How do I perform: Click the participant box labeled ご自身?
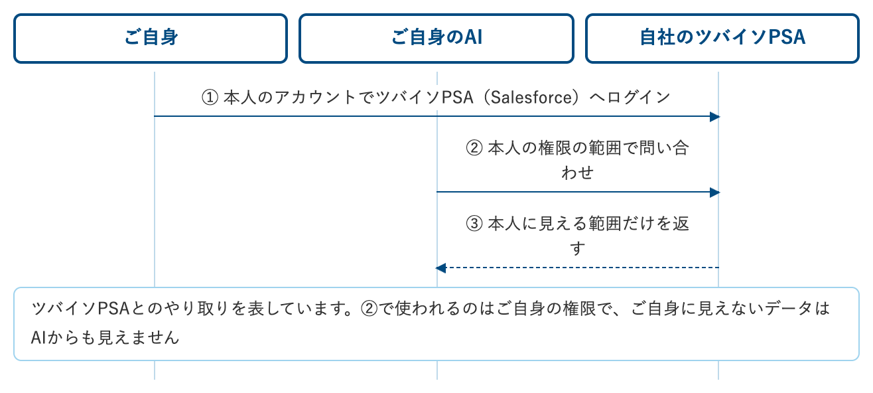151,39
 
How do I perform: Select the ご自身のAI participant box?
436,39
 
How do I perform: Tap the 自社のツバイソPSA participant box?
722,39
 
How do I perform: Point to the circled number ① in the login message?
210,98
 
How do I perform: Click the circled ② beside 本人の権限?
474,149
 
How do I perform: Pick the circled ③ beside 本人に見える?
474,224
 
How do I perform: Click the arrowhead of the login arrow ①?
714,117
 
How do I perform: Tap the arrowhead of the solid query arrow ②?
714,193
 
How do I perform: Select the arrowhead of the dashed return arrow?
440,268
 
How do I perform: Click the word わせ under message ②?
577,173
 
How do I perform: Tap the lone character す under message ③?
577,248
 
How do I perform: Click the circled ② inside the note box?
369,309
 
